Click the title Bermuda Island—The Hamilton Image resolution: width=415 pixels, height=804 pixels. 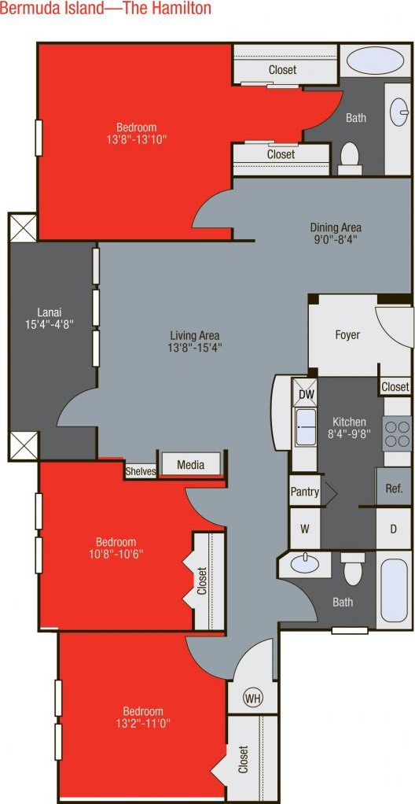tap(106, 9)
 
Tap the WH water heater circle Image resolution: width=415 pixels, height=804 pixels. tap(252, 698)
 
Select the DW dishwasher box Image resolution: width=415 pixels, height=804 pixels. tap(305, 393)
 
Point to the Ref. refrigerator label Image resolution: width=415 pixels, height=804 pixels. tap(394, 489)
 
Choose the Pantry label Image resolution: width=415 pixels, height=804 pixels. tap(305, 492)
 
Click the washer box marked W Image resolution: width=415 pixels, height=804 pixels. tap(305, 529)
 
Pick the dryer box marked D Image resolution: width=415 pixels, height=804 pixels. tap(393, 529)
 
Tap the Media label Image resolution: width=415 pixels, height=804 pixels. tap(190, 465)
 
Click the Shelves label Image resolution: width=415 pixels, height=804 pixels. tap(141, 472)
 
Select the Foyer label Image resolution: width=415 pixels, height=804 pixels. tap(347, 335)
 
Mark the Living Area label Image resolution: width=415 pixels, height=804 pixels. tap(195, 333)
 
